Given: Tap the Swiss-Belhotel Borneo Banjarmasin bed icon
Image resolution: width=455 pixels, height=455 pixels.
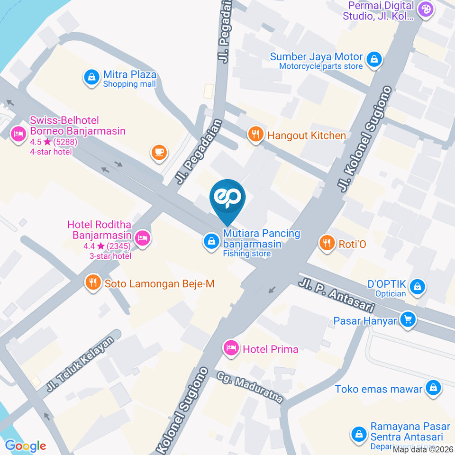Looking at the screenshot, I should (x=18, y=134).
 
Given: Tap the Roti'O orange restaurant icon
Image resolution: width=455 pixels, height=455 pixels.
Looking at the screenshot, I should (x=326, y=243).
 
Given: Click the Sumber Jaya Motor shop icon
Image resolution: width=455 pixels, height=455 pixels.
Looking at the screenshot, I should (x=374, y=60).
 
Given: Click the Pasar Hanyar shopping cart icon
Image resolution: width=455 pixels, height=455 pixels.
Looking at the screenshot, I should (x=407, y=320).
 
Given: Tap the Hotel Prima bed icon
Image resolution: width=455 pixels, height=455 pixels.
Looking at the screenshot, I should (x=231, y=348).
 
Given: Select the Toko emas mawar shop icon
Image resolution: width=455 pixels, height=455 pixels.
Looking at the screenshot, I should (x=433, y=389).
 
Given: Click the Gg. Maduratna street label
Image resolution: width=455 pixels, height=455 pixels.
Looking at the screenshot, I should (x=250, y=387).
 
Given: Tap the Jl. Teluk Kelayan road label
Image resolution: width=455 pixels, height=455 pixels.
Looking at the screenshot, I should (x=81, y=364).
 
